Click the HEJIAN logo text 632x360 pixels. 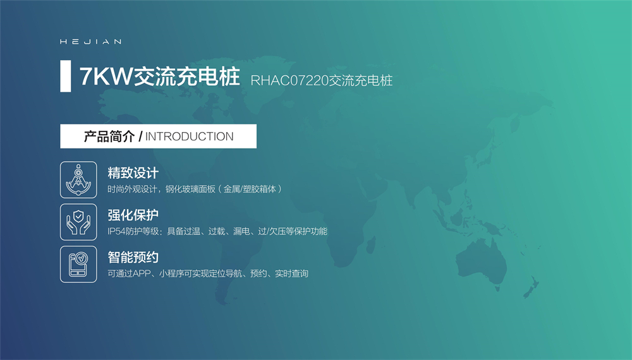(90, 42)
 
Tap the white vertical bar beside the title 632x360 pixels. (65, 76)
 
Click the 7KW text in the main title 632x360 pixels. (106, 76)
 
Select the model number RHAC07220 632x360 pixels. (289, 81)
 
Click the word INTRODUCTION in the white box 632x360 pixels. (189, 136)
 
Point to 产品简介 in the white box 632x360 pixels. (109, 136)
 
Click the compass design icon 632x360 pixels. (78, 179)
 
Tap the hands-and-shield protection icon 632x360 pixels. (78, 222)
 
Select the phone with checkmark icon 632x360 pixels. (78, 264)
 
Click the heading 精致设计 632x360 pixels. (133, 173)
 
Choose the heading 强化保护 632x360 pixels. (133, 215)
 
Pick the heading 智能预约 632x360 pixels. (133, 257)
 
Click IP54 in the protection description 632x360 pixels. (116, 232)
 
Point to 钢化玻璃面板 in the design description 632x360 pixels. (190, 189)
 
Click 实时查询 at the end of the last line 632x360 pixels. (291, 274)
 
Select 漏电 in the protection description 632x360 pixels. (241, 232)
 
